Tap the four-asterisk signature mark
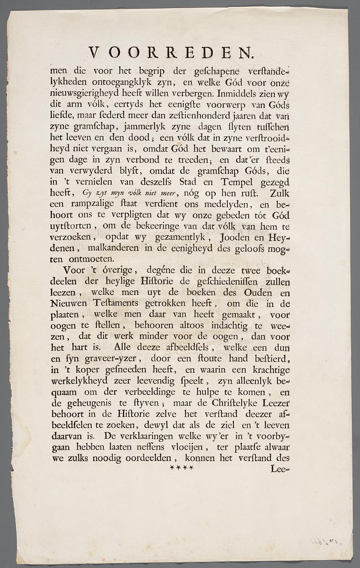(x=182, y=468)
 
